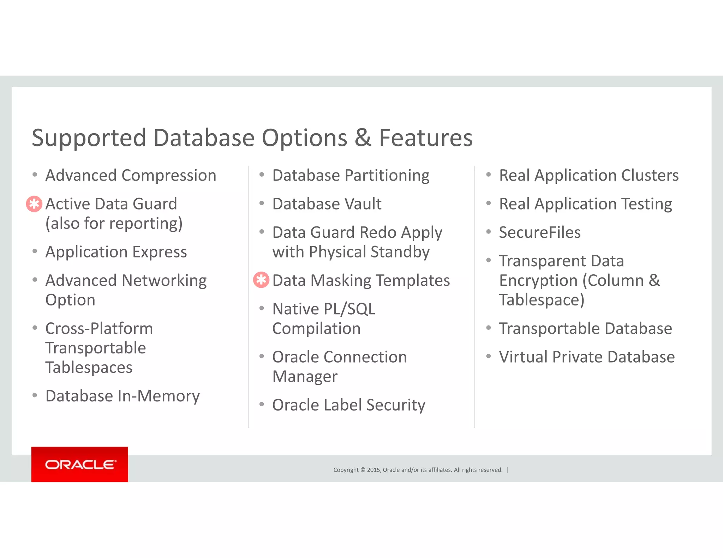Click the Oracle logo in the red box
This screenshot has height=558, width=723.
coord(80,464)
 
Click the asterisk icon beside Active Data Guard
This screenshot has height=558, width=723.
coord(34,204)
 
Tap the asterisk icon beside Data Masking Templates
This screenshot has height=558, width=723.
coord(261,280)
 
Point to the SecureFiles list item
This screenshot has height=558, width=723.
coord(539,232)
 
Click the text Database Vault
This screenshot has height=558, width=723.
coord(327,204)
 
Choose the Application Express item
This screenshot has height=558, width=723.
coord(116,252)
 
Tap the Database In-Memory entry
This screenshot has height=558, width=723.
coord(123,396)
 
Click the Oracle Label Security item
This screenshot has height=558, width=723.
coord(348,405)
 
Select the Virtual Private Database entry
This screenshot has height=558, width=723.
coord(586,357)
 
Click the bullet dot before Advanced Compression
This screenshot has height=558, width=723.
coord(35,175)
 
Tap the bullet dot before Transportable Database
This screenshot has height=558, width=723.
coord(488,328)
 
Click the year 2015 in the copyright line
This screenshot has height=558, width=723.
coord(374,470)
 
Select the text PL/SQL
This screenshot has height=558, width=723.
coord(349,309)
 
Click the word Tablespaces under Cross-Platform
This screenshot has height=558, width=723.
coord(89,368)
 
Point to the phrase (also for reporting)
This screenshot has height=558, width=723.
coord(114,224)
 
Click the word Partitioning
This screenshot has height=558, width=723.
coord(387,175)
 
